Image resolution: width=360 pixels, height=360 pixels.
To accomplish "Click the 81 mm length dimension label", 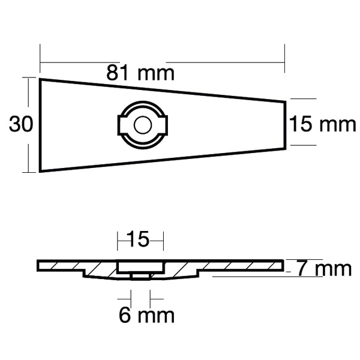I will (x=140, y=73).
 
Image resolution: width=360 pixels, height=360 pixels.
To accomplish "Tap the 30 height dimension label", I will (x=20, y=124).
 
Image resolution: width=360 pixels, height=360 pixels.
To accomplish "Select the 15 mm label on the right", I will (x=323, y=125).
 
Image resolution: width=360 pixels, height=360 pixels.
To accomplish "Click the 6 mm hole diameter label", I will (x=146, y=314).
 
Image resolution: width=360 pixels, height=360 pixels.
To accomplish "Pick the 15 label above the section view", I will (x=140, y=240).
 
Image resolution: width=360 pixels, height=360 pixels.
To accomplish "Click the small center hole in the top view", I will (x=142, y=125).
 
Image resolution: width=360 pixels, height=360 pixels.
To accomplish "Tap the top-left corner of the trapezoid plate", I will (x=40, y=79).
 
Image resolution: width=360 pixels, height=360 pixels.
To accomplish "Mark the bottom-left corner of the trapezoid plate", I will (x=40, y=172).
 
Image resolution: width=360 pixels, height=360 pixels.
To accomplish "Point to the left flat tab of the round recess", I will (x=119, y=125).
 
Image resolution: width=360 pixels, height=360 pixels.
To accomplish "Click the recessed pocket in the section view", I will (x=140, y=265).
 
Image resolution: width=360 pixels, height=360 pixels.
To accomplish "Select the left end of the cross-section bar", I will (x=38, y=265).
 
